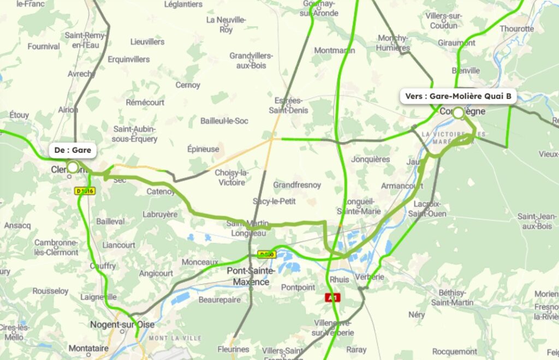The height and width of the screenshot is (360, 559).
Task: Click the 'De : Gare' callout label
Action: point(73,150)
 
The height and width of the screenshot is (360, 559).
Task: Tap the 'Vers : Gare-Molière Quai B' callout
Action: point(458,97)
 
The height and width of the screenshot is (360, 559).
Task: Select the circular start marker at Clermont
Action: point(73,167)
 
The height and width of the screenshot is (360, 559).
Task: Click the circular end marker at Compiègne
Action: point(458,113)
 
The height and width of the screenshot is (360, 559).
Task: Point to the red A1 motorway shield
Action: point(332,297)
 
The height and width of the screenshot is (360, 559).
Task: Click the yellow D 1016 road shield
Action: point(85,191)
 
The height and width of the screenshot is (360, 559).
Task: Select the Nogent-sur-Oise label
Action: point(122,325)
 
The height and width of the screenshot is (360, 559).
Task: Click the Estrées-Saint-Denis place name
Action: point(288,105)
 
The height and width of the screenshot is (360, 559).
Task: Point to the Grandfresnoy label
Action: point(297,185)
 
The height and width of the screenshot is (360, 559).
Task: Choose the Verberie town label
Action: point(370,277)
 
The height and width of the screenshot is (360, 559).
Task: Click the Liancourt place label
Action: point(118,245)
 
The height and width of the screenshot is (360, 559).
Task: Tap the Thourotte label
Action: point(516,28)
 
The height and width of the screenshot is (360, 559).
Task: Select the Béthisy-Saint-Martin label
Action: point(452,297)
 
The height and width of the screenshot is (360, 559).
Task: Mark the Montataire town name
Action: point(87,348)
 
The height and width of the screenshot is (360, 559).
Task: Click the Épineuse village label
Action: point(203,149)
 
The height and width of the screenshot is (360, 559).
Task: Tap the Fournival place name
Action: point(44,46)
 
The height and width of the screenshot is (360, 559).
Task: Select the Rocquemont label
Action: point(455,352)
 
